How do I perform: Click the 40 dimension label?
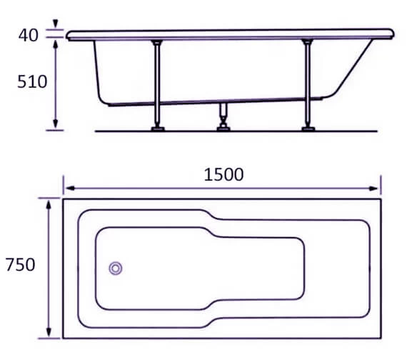(x=28, y=34)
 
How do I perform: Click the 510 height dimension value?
(x=32, y=81)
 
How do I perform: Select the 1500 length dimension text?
(x=222, y=174)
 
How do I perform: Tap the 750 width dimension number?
(x=20, y=265)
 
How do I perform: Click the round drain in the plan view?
(x=115, y=269)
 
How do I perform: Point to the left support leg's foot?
(x=157, y=129)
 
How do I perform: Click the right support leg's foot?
(x=308, y=129)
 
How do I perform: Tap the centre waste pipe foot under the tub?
(x=225, y=129)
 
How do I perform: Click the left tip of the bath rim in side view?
(x=68, y=34)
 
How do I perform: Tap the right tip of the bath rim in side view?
(x=392, y=33)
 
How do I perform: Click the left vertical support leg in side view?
(x=157, y=82)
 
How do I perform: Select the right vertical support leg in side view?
(x=308, y=82)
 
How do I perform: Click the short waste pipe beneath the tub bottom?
(x=225, y=114)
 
